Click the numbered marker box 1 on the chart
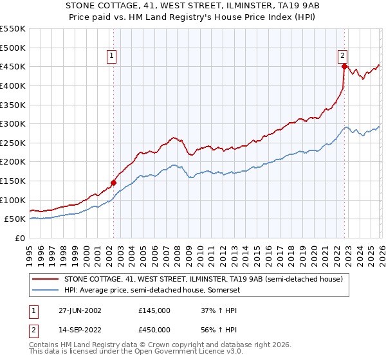point(112,56)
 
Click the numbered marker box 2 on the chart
point(343,56)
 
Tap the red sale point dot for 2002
point(114,183)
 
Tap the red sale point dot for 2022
point(344,66)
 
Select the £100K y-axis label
point(14,200)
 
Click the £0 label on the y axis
point(21,238)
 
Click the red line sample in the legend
point(46,279)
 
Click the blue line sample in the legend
point(46,290)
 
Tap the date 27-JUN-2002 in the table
point(80,310)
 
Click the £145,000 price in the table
point(154,310)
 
